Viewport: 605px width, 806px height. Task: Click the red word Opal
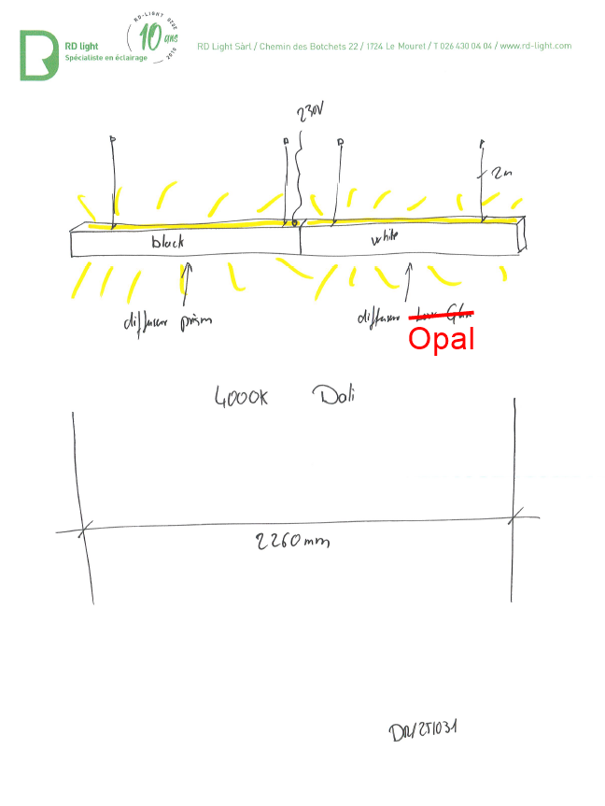point(442,338)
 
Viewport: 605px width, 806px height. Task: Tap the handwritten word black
point(168,242)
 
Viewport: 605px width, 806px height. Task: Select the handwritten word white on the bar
point(385,239)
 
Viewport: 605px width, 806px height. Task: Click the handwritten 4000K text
point(242,398)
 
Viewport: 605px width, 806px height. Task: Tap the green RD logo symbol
point(38,55)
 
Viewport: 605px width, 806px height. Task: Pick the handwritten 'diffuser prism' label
point(168,322)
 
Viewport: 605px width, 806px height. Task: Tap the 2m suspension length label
point(501,175)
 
